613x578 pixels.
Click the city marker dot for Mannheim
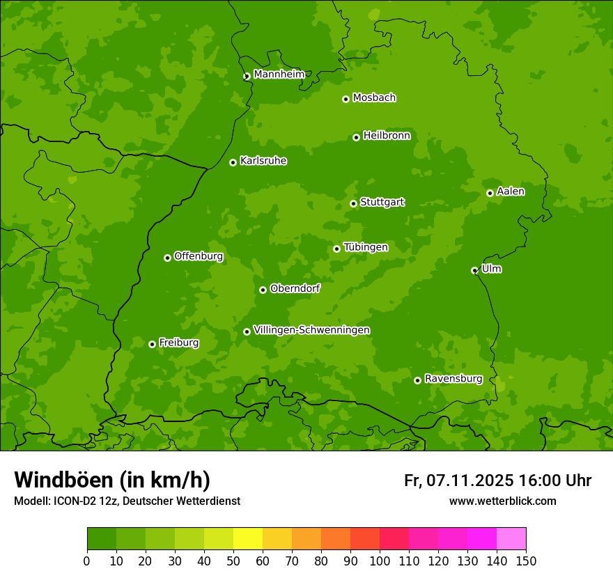pyautogui.click(x=247, y=77)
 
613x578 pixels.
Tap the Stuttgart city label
pyautogui.click(x=382, y=203)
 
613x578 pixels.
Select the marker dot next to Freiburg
pyautogui.click(x=152, y=344)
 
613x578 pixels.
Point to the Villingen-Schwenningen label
pyautogui.click(x=311, y=330)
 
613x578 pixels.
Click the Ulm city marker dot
pyautogui.click(x=474, y=270)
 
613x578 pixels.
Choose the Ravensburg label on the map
pyautogui.click(x=453, y=379)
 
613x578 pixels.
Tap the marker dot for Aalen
pyautogui.click(x=490, y=193)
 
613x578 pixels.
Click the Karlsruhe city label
pyautogui.click(x=263, y=161)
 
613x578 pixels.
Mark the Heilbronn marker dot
pyautogui.click(x=356, y=137)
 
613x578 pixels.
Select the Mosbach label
pyautogui.click(x=374, y=98)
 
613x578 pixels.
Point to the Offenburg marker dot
pyautogui.click(x=167, y=258)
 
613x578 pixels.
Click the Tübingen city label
pyautogui.click(x=365, y=247)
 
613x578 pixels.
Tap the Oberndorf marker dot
pyautogui.click(x=263, y=290)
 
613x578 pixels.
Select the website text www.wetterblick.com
pyautogui.click(x=502, y=501)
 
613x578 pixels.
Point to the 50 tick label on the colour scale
pyautogui.click(x=233, y=561)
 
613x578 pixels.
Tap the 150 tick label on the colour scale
pyautogui.click(x=526, y=561)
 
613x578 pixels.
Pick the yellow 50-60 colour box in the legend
pyautogui.click(x=248, y=539)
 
